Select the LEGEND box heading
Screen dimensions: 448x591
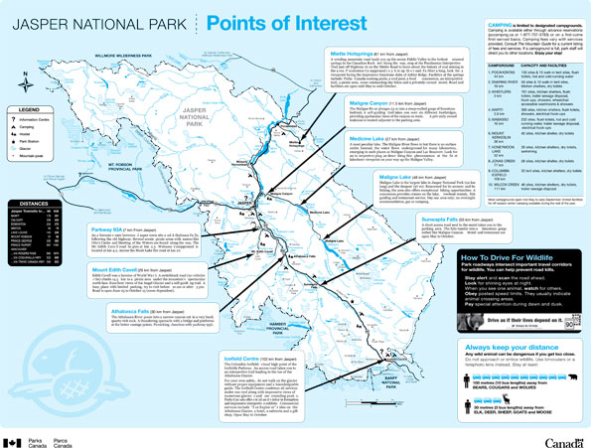click(x=29, y=108)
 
